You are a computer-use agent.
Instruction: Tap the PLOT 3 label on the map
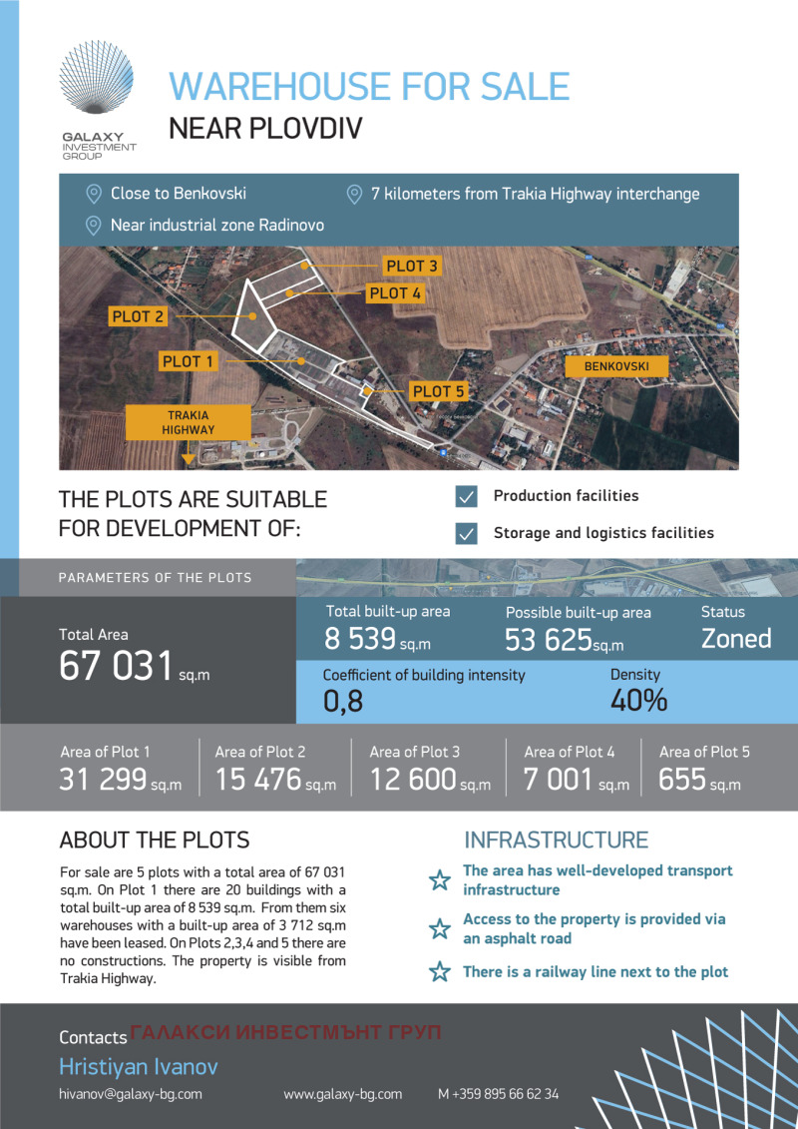pos(411,267)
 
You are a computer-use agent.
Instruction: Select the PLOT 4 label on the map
pos(396,293)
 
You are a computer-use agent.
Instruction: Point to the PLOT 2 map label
pos(138,316)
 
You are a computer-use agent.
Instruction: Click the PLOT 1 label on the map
pos(188,361)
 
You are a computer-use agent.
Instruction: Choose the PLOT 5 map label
pos(439,391)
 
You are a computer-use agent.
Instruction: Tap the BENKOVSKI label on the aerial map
pos(615,367)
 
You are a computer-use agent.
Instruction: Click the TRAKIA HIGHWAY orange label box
pos(188,422)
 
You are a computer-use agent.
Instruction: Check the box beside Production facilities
pos(466,497)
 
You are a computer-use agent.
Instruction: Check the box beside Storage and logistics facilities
pos(466,533)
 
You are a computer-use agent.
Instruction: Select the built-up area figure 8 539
pos(360,639)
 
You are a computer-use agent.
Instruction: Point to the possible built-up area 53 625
pos(549,640)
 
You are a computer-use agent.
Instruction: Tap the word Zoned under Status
pos(736,639)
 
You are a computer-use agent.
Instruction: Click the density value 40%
pos(638,701)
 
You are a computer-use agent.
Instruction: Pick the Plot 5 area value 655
pos(681,780)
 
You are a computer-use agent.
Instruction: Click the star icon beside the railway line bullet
pos(439,972)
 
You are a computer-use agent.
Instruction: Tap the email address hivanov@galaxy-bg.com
pos(131,1093)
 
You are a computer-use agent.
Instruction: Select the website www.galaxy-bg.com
pos(343,1093)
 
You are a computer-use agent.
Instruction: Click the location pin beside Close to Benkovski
pos(95,194)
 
